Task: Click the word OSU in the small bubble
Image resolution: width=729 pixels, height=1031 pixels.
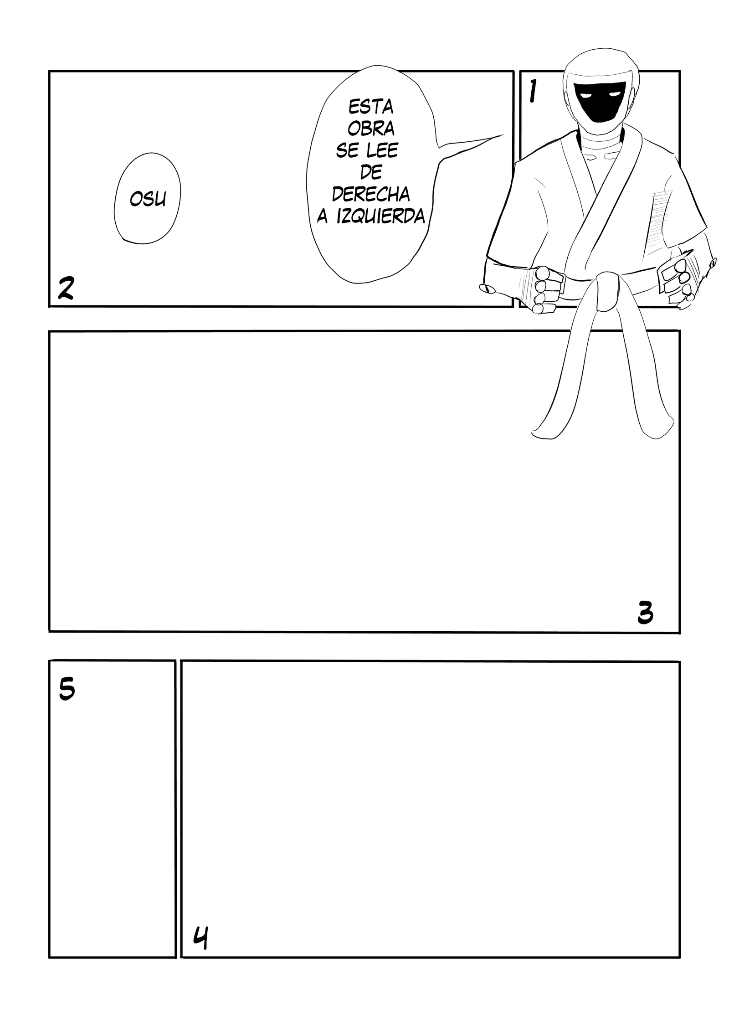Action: point(148,199)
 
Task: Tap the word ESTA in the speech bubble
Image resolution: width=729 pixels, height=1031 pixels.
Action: point(370,108)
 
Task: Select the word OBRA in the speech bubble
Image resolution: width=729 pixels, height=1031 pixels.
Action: point(371,129)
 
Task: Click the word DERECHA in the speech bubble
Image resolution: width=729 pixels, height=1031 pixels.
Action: point(370,195)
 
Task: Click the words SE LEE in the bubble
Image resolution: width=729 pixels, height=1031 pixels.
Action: point(367,151)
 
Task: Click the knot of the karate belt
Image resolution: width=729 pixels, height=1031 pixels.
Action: point(605,293)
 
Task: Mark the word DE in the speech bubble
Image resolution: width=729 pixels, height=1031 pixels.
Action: point(370,173)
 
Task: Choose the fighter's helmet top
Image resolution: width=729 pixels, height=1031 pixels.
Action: point(599,57)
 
